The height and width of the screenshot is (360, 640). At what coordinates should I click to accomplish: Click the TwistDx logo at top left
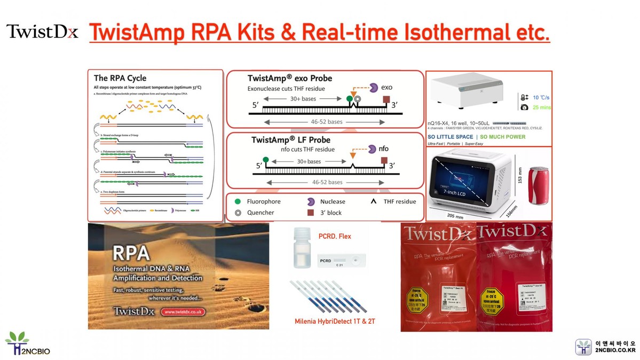[42, 32]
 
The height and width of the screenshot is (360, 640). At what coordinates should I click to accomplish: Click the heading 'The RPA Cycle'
[120, 78]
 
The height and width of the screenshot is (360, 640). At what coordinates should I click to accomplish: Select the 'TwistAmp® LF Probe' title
[290, 140]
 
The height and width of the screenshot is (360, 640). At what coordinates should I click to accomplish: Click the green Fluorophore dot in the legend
[237, 202]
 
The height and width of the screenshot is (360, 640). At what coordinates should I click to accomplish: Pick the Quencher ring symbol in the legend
[237, 213]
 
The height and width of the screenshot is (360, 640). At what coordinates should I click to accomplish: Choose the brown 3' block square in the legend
[310, 213]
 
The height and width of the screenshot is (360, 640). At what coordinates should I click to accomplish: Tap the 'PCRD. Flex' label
[335, 236]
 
